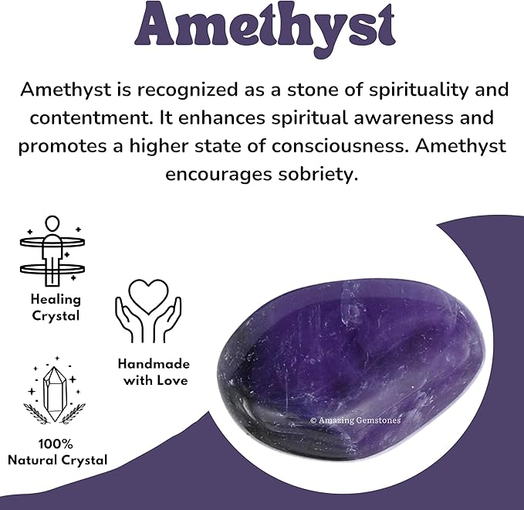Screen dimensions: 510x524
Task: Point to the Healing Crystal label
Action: [x=56, y=307]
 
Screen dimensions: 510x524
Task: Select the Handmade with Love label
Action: [x=154, y=372]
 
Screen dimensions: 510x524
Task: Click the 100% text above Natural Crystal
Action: [x=56, y=444]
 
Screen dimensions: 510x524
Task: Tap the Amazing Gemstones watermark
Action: [x=355, y=420]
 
